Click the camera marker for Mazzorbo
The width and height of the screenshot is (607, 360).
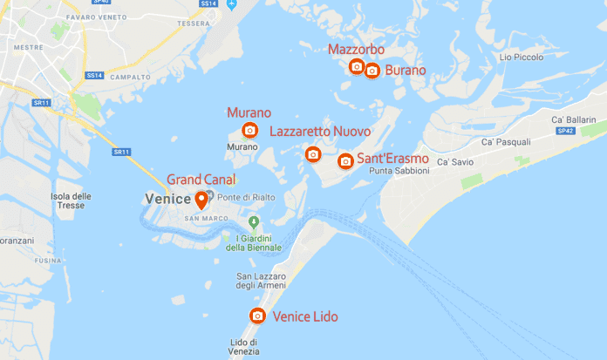click(357, 66)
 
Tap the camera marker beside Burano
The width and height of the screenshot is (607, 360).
click(372, 70)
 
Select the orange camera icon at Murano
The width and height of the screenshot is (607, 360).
click(250, 131)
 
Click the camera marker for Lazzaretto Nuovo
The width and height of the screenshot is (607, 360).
click(313, 154)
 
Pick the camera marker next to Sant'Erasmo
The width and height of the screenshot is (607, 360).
click(345, 160)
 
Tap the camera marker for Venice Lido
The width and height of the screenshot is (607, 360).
click(257, 316)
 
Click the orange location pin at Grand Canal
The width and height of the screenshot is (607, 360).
click(201, 200)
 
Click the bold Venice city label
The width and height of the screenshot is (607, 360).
click(166, 199)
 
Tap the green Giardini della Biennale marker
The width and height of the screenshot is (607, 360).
click(255, 223)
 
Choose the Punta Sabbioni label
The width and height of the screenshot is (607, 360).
click(399, 171)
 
